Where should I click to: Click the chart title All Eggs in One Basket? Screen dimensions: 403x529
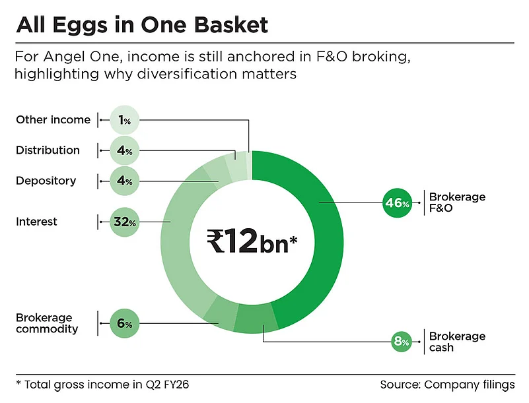142,24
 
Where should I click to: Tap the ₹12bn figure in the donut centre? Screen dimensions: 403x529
244,241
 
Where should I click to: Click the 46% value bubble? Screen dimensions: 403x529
398,204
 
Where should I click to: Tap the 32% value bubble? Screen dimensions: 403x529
124,222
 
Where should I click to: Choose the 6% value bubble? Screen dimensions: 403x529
124,324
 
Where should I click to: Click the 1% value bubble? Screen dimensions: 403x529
124,120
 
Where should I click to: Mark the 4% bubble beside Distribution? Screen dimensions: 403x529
124,150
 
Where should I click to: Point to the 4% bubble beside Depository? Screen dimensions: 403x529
124,181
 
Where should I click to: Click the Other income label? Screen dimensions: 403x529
53,120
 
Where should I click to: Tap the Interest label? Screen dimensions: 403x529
36,222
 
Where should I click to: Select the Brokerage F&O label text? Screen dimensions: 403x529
457,203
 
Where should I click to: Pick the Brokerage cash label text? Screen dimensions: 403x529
457,342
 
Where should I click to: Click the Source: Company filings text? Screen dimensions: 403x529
447,385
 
